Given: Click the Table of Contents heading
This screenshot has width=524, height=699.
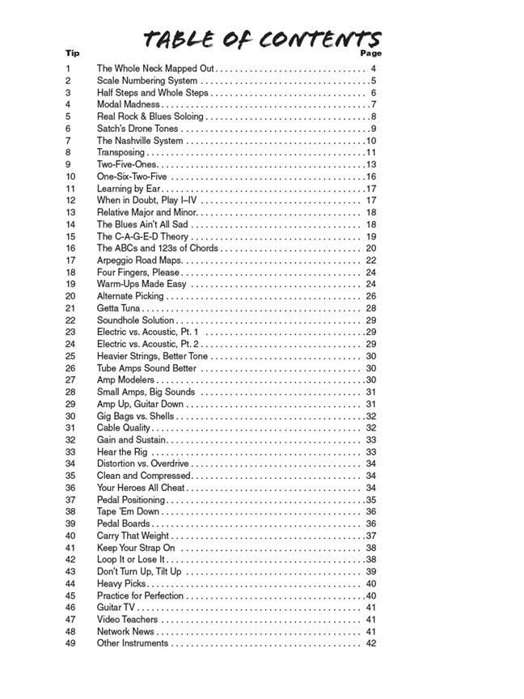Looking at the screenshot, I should point(261,39).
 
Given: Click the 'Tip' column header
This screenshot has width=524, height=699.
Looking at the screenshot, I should point(72,53).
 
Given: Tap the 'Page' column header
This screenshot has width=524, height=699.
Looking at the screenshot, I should point(370,53).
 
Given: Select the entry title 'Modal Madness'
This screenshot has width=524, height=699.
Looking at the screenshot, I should point(129,104).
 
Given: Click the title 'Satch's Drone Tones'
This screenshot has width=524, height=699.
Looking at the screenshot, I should point(137,129).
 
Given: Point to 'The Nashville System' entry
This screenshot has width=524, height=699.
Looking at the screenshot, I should point(140,141).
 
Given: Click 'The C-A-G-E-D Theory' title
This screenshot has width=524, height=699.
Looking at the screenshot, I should point(142,236).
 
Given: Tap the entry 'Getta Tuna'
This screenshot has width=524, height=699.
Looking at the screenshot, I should point(119,308).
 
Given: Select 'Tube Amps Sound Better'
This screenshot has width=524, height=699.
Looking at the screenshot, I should point(146,368).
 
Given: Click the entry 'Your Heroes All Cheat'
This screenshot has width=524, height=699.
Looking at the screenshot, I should point(141,488).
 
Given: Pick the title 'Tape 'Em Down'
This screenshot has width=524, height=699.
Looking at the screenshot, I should point(129,511).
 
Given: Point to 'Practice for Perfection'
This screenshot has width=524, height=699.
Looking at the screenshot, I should point(141,595).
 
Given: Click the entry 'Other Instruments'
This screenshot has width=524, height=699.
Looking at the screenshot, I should point(133,643).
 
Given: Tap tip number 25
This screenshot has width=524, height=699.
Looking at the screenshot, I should point(70,356).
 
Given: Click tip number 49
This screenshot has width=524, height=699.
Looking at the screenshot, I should point(70,643).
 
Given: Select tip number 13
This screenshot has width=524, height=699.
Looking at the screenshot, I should point(70,212).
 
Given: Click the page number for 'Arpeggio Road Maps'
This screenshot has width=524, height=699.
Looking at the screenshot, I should point(371,261).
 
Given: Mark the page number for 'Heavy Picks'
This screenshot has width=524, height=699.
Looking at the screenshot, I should point(371,583).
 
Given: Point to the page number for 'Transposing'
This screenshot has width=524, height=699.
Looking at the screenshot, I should point(371,152).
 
